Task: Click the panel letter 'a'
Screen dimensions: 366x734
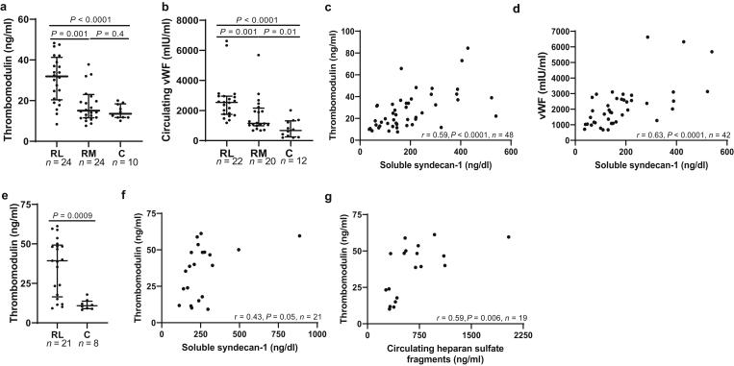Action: pos(5,8)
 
